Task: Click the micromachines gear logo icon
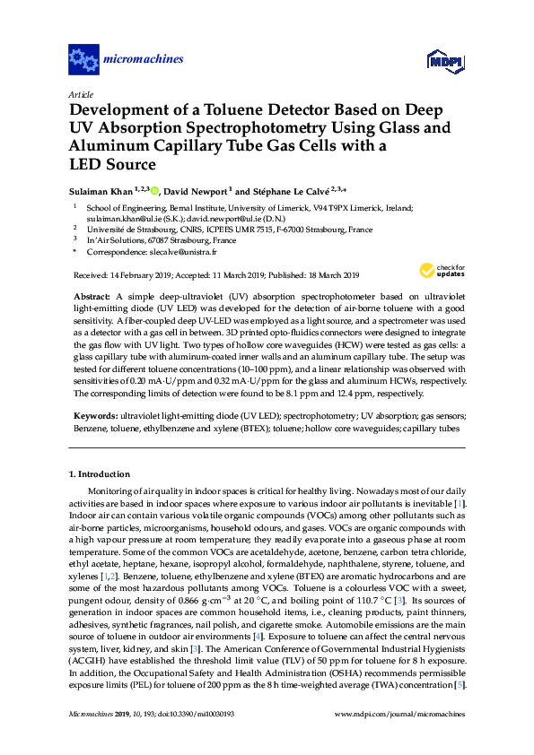coord(83,60)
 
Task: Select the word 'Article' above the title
coord(80,93)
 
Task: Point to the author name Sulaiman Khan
coord(101,190)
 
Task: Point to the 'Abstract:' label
coord(91,295)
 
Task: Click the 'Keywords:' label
coord(93,417)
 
